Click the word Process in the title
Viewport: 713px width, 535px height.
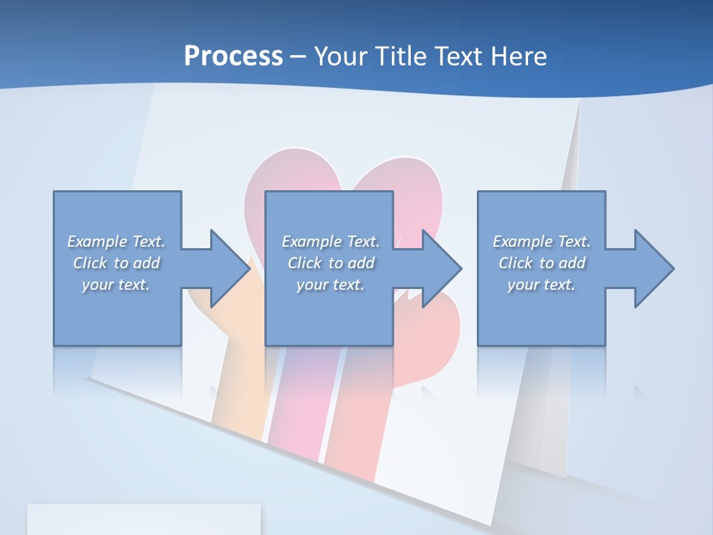[233, 56]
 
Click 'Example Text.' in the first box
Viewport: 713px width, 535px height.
[116, 241]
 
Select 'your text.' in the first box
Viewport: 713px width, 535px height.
[116, 285]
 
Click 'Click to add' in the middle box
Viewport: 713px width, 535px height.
[331, 263]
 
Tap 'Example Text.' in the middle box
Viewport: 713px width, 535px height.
[331, 241]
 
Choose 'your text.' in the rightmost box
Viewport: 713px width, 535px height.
[541, 285]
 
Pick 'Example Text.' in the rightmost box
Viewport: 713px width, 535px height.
[541, 241]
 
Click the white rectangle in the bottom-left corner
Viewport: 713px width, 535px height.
[143, 519]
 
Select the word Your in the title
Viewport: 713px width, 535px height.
[339, 56]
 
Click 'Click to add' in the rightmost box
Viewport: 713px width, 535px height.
[541, 263]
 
